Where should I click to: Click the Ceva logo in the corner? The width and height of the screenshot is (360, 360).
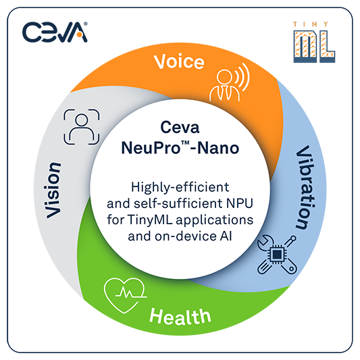pyautogui.click(x=55, y=32)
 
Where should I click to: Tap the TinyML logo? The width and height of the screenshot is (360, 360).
pyautogui.click(x=314, y=43)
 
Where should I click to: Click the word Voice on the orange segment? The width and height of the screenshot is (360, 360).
pyautogui.click(x=179, y=61)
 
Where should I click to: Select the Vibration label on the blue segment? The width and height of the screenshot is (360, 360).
pyautogui.click(x=305, y=187)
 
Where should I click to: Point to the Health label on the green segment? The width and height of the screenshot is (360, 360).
pyautogui.click(x=180, y=317)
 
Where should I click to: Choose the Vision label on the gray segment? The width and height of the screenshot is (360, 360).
pyautogui.click(x=53, y=190)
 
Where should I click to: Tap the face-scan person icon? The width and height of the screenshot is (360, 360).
pyautogui.click(x=82, y=127)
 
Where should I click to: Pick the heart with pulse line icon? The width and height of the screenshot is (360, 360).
pyautogui.click(x=125, y=295)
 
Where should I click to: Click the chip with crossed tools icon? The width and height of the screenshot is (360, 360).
pyautogui.click(x=277, y=255)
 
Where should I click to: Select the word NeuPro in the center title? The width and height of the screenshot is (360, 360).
pyautogui.click(x=151, y=148)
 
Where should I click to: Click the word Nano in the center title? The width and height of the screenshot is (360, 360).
pyautogui.click(x=218, y=148)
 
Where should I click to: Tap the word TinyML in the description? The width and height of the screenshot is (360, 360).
pyautogui.click(x=149, y=220)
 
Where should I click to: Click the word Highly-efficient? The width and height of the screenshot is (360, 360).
pyautogui.click(x=180, y=187)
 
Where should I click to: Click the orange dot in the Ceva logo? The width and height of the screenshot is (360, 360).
pyautogui.click(x=79, y=35)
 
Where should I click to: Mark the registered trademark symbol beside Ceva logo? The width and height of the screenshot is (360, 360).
pyautogui.click(x=86, y=24)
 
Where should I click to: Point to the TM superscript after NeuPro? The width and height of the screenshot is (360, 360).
pyautogui.click(x=185, y=143)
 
